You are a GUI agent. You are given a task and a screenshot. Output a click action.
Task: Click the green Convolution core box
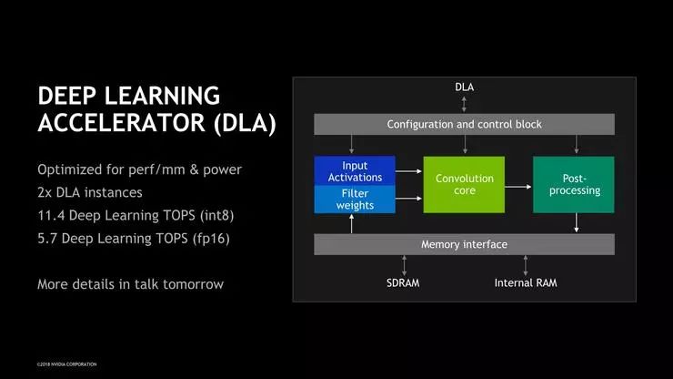[x=464, y=185]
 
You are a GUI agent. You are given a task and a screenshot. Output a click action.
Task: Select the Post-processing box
[x=573, y=185]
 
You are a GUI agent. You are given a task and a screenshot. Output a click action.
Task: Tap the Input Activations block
[x=355, y=170]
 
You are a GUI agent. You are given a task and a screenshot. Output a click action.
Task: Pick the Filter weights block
[x=355, y=200]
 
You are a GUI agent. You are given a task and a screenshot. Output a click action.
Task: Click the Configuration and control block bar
[x=464, y=124]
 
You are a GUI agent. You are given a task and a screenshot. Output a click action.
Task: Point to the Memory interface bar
[x=464, y=244]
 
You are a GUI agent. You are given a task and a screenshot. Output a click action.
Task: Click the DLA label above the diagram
[x=464, y=87]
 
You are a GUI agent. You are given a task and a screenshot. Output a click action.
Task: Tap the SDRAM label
[x=403, y=282]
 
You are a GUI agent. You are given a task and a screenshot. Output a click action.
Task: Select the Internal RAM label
[x=526, y=282]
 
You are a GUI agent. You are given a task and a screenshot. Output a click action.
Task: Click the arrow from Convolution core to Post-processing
[x=518, y=186]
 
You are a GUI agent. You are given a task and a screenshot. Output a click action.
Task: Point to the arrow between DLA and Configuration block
[x=464, y=104]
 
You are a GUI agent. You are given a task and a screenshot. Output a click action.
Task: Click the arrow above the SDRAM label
[x=403, y=265]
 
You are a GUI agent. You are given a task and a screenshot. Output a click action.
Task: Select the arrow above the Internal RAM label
[x=526, y=265]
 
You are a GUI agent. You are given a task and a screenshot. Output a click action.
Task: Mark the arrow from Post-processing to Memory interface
[x=575, y=223]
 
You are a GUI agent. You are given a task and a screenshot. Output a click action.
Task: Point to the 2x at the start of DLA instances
[x=45, y=193]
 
